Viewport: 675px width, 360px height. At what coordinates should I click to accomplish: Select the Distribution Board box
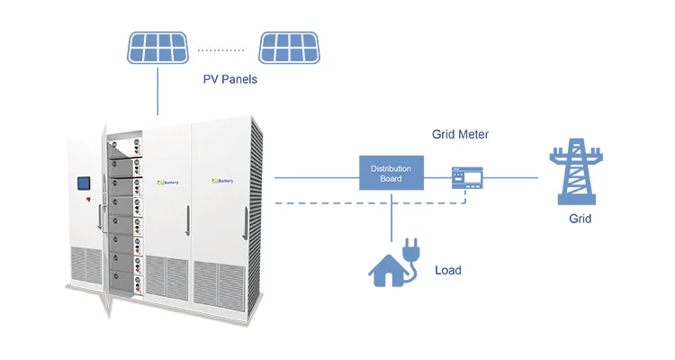click(x=391, y=172)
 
